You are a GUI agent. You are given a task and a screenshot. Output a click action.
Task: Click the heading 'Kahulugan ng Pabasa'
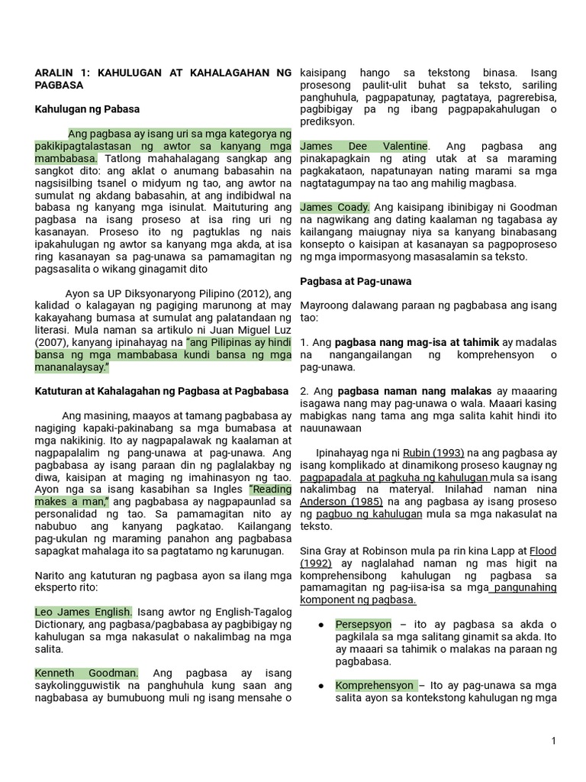coord(87,109)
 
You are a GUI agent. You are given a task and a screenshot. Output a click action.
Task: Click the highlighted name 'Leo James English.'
coord(84,612)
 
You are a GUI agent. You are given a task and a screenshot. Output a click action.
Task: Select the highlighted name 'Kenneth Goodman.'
coord(86,673)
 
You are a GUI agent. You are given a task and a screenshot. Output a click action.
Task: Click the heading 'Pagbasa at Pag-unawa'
coord(356,281)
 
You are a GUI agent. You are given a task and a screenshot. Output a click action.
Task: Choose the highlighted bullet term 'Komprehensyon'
coord(375,685)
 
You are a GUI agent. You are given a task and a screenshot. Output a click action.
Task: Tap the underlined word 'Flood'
coord(543,550)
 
